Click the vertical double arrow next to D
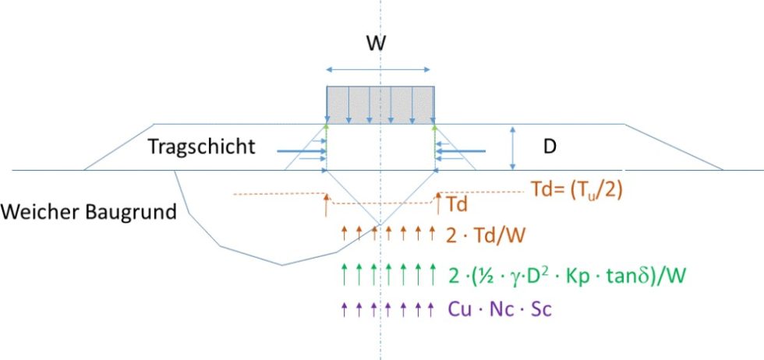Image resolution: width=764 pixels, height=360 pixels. (x=512, y=147)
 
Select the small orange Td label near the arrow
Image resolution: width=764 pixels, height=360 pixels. (x=458, y=204)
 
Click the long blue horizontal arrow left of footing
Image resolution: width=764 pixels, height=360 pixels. (x=299, y=151)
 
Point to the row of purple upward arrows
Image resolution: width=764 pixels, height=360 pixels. (x=381, y=309)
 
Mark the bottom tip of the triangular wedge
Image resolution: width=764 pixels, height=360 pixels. (x=380, y=225)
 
